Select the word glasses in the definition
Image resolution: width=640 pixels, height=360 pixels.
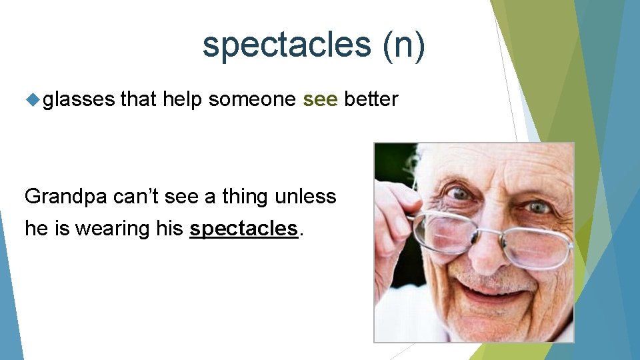79,100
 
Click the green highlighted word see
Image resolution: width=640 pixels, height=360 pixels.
321,99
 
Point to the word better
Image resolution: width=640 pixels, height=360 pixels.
371,99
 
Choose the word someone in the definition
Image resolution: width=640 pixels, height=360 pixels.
253,99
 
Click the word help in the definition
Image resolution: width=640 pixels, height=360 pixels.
183,99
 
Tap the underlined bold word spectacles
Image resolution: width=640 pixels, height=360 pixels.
243,229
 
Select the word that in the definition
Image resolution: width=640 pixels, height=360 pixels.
139,99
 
